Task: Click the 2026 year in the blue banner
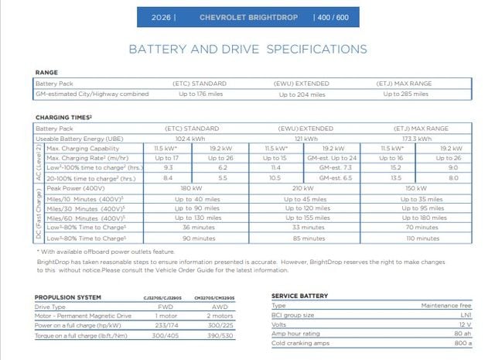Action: click(162, 16)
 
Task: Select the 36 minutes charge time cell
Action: click(198, 228)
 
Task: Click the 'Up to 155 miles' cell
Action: click(307, 218)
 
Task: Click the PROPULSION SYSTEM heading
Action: click(68, 297)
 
